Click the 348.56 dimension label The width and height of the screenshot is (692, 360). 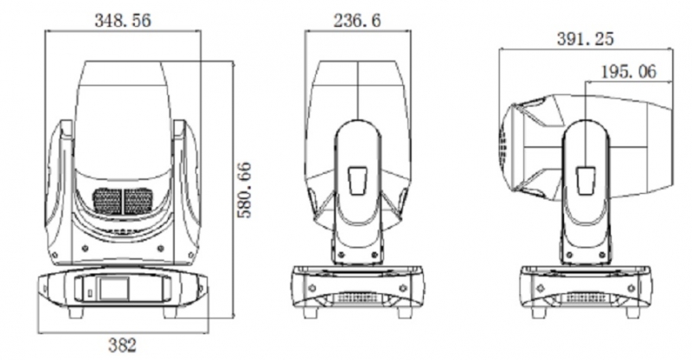(x=123, y=20)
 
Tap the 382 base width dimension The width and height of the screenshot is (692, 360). (x=122, y=345)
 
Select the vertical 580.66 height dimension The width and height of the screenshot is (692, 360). (x=244, y=190)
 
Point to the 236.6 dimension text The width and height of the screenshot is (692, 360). (x=357, y=20)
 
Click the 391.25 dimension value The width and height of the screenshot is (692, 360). (x=585, y=39)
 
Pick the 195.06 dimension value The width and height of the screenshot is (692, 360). (x=629, y=72)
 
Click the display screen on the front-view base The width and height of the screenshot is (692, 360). (x=114, y=289)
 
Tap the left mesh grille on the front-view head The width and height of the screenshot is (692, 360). (x=107, y=201)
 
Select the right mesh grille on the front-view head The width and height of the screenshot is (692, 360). (x=138, y=201)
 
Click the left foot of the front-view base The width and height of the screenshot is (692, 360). (x=76, y=312)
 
